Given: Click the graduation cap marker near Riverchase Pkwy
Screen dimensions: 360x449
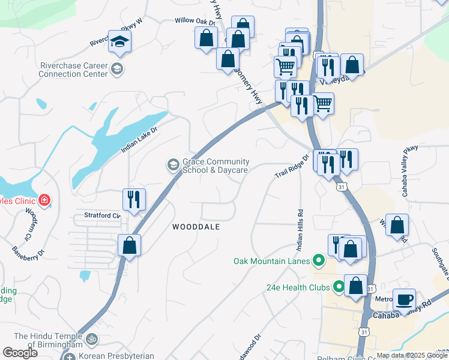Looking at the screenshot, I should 120,41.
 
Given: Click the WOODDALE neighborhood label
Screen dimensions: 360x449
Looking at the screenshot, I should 196,227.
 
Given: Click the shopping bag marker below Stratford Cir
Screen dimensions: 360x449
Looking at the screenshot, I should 129,245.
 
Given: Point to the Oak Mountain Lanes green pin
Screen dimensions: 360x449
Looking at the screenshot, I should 319,261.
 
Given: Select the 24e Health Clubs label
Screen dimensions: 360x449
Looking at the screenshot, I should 298,287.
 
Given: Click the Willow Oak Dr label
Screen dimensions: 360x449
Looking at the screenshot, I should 194,20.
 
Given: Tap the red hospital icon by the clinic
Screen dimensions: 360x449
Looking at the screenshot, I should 44,200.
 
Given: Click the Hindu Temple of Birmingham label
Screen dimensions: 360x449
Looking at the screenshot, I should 47,340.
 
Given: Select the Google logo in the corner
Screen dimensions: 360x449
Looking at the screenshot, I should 20,353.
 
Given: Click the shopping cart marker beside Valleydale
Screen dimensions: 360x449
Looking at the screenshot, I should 323,103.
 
